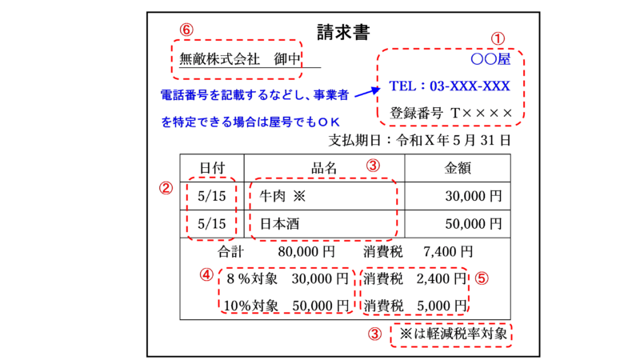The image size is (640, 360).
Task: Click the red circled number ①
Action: pyautogui.click(x=498, y=38)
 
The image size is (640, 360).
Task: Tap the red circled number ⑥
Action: pyautogui.click(x=186, y=30)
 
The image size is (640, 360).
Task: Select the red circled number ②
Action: pyautogui.click(x=166, y=188)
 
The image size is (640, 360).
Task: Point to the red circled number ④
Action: pyautogui.click(x=207, y=274)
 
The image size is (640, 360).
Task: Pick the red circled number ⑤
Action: pyautogui.click(x=482, y=278)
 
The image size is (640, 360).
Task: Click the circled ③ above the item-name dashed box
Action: pyautogui.click(x=373, y=166)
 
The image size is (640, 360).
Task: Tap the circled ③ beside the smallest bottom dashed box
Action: pyautogui.click(x=374, y=334)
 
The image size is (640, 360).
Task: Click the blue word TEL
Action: pyautogui.click(x=405, y=86)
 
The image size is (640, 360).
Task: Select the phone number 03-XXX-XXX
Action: pyautogui.click(x=470, y=86)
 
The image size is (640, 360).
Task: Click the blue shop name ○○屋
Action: pyautogui.click(x=490, y=59)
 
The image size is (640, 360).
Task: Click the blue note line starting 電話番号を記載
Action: pyautogui.click(x=254, y=94)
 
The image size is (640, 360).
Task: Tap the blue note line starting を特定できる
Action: pyautogui.click(x=250, y=122)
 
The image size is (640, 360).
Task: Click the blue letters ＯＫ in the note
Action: pyautogui.click(x=329, y=122)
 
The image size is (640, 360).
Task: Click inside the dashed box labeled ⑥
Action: pyautogui.click(x=237, y=59)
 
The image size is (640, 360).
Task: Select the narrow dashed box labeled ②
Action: pyautogui.click(x=211, y=209)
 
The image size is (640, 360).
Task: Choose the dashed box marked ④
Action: pyautogui.click(x=286, y=290)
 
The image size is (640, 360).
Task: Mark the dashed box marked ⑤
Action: pyautogui.click(x=414, y=291)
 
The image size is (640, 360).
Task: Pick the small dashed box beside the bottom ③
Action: pyautogui.click(x=450, y=335)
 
